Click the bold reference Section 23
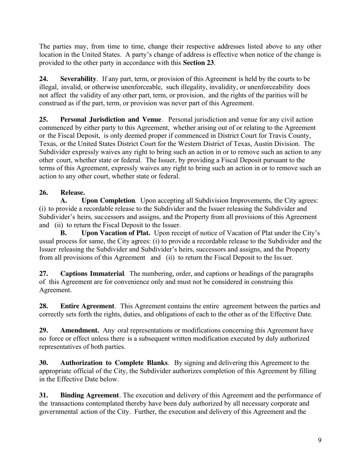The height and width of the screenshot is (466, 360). (x=198, y=63)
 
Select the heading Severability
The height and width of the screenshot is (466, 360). (x=78, y=79)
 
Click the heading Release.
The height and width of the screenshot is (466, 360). (x=72, y=192)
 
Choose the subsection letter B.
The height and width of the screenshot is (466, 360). (x=64, y=233)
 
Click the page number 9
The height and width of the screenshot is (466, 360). (x=319, y=440)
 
